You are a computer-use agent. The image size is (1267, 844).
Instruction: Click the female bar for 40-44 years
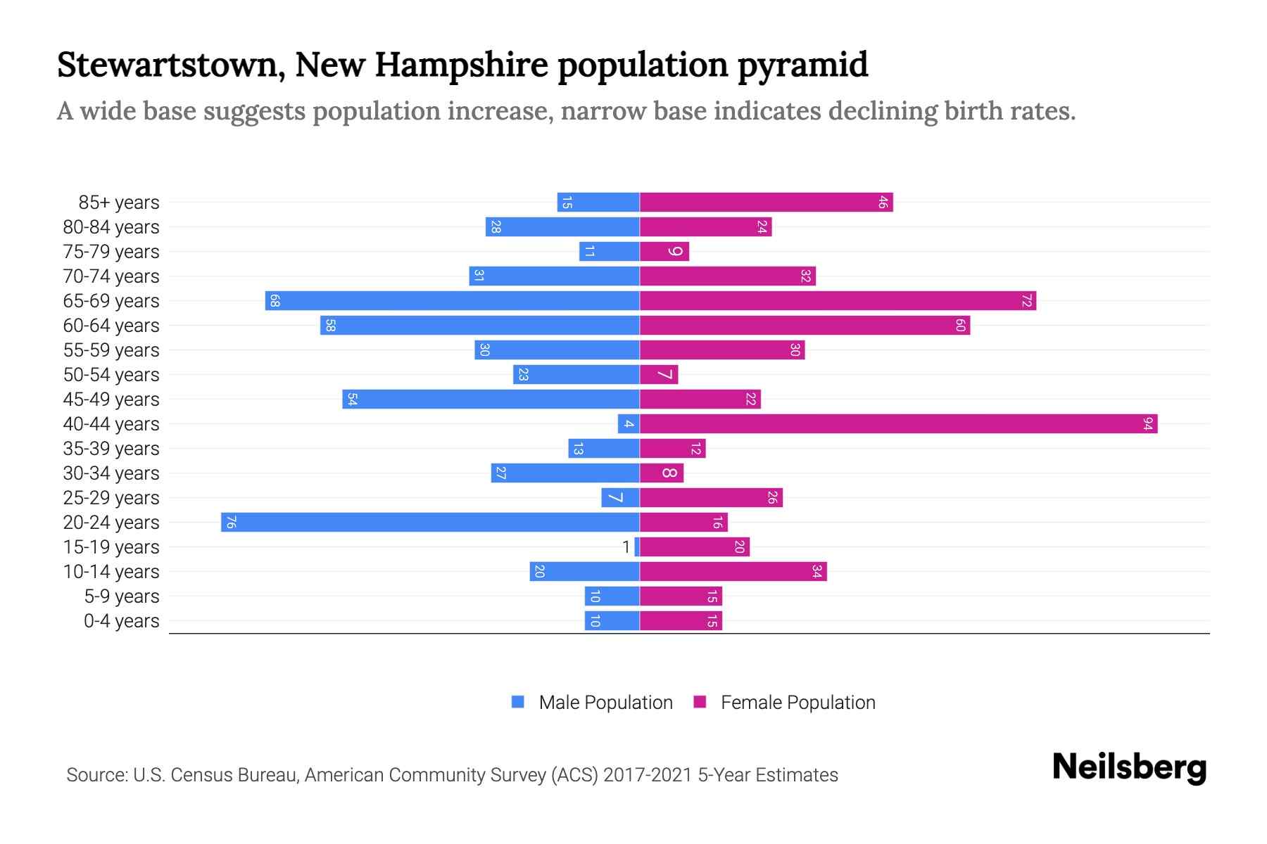pos(898,423)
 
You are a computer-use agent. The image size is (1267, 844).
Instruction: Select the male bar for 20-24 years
pos(430,522)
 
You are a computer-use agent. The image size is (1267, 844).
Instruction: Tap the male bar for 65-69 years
pos(452,300)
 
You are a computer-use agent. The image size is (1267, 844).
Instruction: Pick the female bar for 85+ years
pos(766,202)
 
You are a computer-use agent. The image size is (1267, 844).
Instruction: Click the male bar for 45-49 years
pos(491,399)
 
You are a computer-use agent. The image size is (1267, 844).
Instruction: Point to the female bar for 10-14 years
pos(733,571)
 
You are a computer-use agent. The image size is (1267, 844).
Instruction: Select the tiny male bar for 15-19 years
pos(637,546)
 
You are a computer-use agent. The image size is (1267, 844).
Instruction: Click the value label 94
pos(1148,423)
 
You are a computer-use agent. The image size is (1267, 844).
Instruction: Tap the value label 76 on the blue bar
pos(230,522)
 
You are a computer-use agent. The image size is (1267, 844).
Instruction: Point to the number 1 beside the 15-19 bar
pos(626,546)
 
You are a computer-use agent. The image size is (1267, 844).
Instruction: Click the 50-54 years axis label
pos(111,374)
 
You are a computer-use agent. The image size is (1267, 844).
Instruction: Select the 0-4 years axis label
pos(121,620)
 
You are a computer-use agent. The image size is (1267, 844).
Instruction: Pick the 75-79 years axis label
pos(111,251)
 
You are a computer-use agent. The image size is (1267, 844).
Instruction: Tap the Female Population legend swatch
pos(700,702)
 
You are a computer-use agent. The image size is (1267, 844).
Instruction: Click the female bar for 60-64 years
pos(805,325)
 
